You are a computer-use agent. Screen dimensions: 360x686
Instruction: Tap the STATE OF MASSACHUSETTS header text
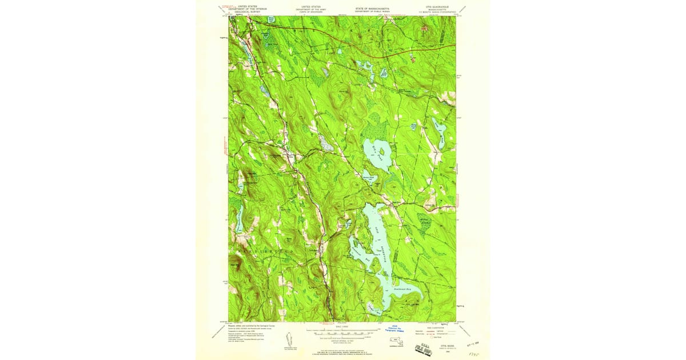(367, 7)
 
